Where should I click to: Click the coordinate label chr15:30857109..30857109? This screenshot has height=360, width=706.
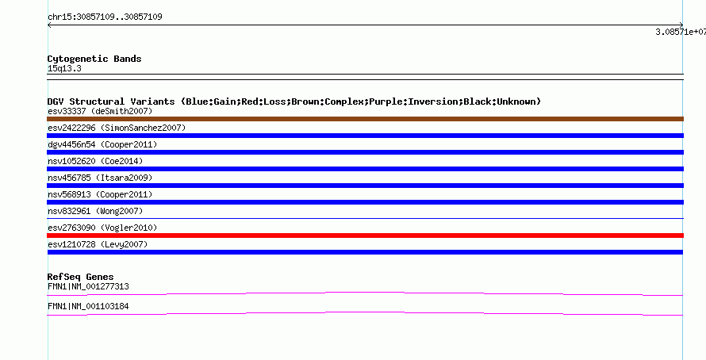(105, 17)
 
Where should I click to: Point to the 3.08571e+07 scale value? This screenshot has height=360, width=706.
(681, 32)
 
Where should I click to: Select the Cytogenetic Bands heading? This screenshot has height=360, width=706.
(94, 59)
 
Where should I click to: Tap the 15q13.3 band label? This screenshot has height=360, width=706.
(64, 68)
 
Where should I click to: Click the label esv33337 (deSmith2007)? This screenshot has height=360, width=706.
(100, 111)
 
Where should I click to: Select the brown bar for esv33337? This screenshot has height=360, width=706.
(365, 119)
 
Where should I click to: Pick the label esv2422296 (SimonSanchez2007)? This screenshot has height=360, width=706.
(117, 128)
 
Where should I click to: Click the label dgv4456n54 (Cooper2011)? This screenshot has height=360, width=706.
(102, 144)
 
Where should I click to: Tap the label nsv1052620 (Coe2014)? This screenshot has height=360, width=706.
(95, 161)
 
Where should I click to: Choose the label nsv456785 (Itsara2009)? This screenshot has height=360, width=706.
(100, 178)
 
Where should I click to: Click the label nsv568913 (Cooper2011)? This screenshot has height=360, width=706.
(100, 194)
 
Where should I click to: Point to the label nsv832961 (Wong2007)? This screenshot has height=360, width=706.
(95, 211)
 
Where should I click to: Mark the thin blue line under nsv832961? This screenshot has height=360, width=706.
(365, 219)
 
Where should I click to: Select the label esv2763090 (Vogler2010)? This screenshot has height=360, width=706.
(102, 228)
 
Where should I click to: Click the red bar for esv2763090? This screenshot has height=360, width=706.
(365, 236)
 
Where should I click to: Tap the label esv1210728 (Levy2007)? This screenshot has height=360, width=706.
(98, 244)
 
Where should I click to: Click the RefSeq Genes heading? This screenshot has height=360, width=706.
(81, 277)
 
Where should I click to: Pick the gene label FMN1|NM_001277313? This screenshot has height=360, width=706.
(88, 286)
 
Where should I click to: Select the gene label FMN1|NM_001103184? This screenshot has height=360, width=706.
(88, 306)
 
